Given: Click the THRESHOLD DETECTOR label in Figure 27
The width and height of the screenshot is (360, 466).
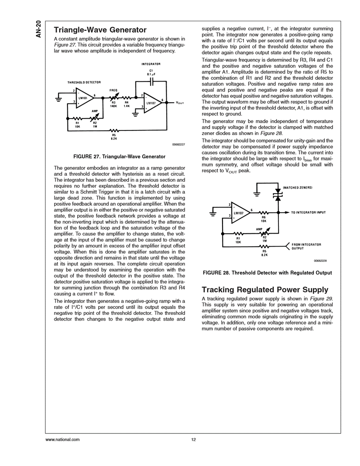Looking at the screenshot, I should [x=84, y=82].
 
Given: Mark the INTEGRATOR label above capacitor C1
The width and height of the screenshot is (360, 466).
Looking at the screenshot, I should [x=151, y=64].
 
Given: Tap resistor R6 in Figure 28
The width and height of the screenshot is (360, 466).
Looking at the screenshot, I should [x=264, y=212].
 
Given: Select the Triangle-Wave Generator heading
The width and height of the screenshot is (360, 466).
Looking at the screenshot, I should [x=100, y=30].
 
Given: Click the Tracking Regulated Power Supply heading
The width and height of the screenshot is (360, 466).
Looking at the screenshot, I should [x=265, y=290].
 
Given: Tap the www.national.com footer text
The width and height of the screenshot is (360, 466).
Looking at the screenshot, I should [x=62, y=440].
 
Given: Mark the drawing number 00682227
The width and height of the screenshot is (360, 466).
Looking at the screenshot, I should [x=176, y=144].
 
